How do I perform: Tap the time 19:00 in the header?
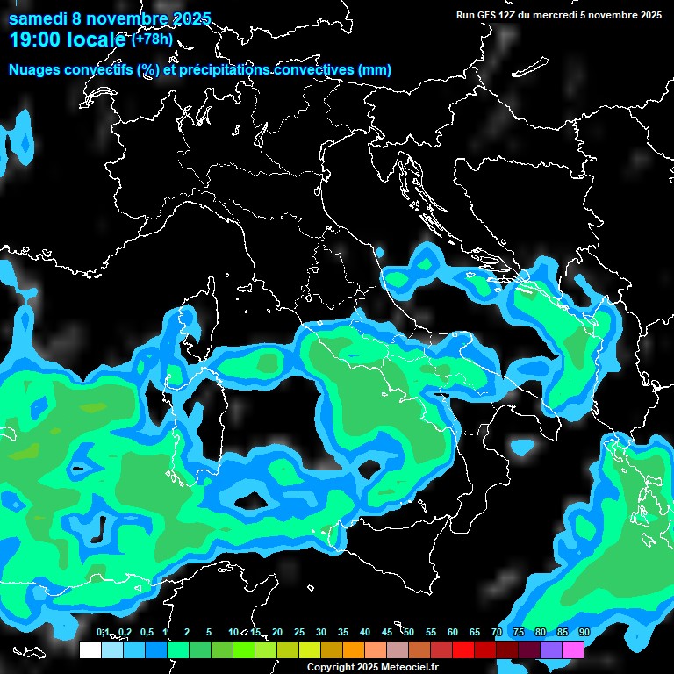coord(36,39)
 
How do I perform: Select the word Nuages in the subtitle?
coord(34,69)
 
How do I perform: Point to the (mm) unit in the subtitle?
coord(374,69)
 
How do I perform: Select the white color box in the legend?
coord(90,649)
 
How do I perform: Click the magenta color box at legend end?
coord(573,649)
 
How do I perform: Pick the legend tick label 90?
coord(584,632)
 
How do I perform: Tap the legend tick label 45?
coord(387,632)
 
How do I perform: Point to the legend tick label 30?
coord(321,632)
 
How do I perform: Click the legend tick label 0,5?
coord(146,632)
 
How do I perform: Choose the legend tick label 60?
coord(453,632)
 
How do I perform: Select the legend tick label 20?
coord(277,632)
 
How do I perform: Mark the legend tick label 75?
coord(519,632)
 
